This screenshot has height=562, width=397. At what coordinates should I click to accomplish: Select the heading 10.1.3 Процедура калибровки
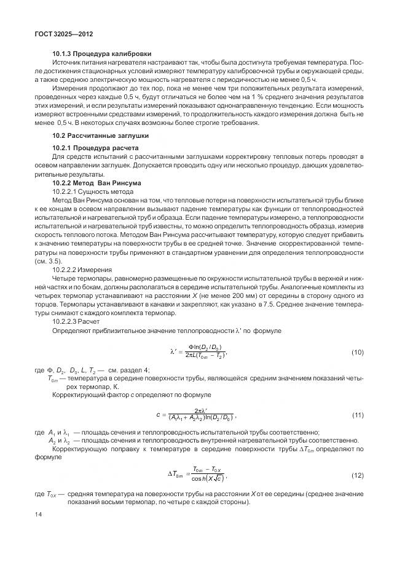[x=101, y=54]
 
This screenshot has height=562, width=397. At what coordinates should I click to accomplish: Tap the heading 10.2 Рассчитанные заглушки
[x=100, y=135]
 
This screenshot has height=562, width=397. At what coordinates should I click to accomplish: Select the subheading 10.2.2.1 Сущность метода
[x=88, y=192]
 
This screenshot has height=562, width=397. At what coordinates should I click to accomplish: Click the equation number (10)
[x=357, y=352]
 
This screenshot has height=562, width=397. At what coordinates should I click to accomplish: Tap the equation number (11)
[x=357, y=415]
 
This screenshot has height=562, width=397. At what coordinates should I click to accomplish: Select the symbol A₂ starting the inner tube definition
[x=52, y=441]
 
